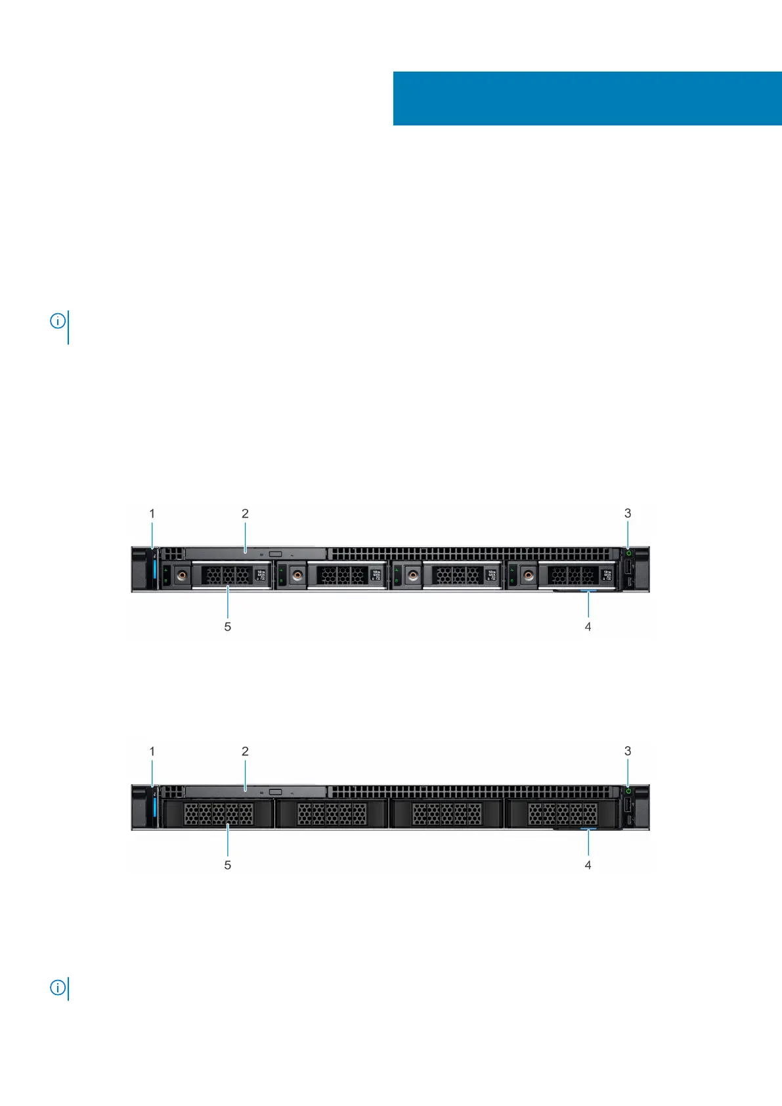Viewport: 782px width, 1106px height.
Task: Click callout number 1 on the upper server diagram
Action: (x=152, y=514)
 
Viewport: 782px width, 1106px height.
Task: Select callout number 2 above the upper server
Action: (x=245, y=514)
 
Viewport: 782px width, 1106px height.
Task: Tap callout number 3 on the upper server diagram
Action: (x=628, y=514)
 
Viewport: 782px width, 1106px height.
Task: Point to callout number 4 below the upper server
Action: (x=588, y=627)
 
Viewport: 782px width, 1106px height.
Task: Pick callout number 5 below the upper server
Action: (x=228, y=627)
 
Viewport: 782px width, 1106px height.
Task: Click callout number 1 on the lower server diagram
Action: (x=152, y=751)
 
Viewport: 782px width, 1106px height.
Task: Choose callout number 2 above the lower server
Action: (x=245, y=751)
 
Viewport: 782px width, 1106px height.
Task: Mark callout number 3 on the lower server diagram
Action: (x=628, y=751)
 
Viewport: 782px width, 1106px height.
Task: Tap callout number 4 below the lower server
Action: (x=588, y=865)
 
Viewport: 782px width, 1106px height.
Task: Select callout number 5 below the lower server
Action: (x=228, y=865)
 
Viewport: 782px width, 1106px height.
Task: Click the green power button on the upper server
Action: (x=628, y=553)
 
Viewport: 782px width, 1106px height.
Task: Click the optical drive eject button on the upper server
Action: (x=275, y=554)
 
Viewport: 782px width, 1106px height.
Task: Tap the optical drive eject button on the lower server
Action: (x=275, y=792)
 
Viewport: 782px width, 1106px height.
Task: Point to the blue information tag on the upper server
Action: (x=588, y=592)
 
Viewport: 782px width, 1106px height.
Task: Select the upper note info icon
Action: (x=58, y=321)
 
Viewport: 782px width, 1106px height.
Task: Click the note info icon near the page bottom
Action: (x=58, y=988)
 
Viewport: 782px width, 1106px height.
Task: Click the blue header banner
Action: (x=587, y=99)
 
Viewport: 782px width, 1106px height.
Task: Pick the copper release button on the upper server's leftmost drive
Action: (x=182, y=576)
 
